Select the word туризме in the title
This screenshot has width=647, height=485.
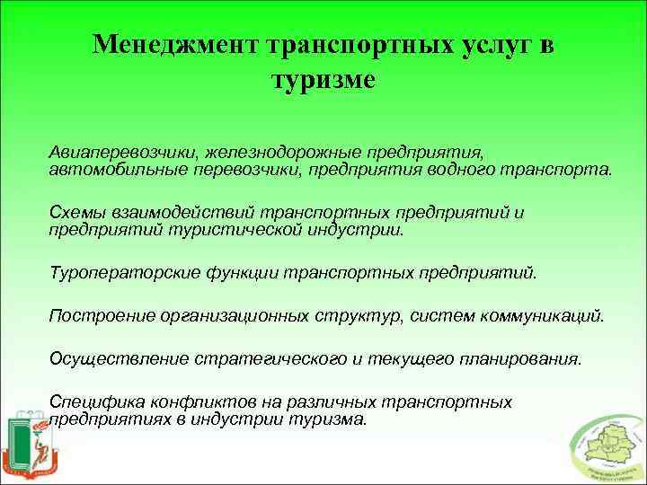pyautogui.click(x=323, y=80)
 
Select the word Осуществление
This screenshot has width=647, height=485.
pyautogui.click(x=111, y=359)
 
